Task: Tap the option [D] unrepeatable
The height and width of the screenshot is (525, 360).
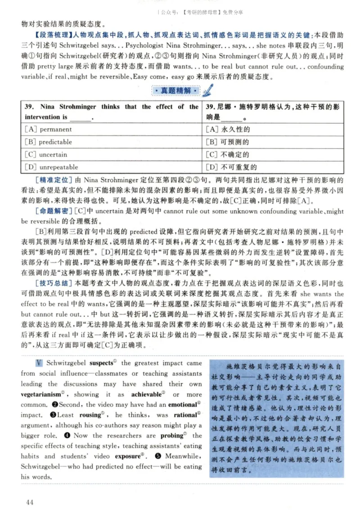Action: [x=51, y=167]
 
